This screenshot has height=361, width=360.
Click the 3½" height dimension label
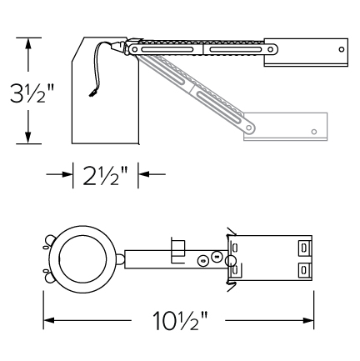coord(32,93)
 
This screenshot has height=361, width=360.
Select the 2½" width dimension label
coord(105,176)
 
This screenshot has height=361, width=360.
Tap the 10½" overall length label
coord(180,320)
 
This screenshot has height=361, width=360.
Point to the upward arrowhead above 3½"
coord(27,44)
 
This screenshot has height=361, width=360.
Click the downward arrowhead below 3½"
coord(27,137)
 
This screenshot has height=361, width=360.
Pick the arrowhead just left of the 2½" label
coord(67,174)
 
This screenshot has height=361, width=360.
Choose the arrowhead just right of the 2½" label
coord(144,174)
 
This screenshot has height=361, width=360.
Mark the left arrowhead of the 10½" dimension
coord(49,320)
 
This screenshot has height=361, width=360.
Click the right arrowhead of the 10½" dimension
coord(307,320)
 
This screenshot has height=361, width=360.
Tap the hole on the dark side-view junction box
coord(342,49)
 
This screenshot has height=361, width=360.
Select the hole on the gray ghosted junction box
coord(314,132)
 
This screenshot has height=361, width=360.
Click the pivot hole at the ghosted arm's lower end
coord(249,128)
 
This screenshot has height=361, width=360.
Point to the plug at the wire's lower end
coord(92,93)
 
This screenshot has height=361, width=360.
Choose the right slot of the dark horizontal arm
coord(236,49)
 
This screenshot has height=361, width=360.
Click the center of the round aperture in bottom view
coord(82,259)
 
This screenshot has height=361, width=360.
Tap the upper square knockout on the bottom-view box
coord(305,247)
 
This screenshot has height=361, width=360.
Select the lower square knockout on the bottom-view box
coord(305,269)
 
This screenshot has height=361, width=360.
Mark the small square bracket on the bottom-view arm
coord(178,250)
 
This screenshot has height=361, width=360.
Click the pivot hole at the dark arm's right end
coord(270,49)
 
